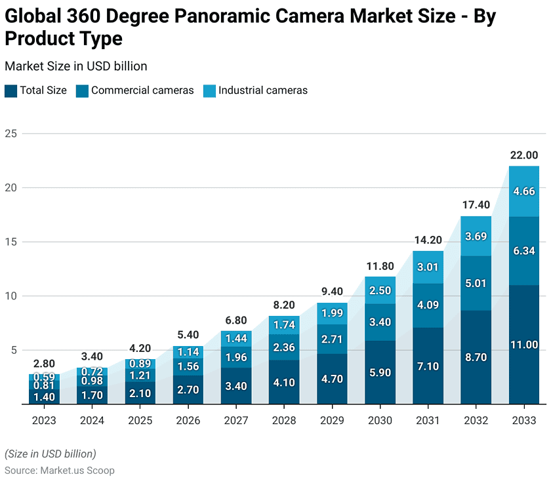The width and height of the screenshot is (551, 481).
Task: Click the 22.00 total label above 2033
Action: (x=524, y=155)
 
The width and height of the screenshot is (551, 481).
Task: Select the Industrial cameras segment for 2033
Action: (x=524, y=191)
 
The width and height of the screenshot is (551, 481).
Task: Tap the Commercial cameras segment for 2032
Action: (x=476, y=283)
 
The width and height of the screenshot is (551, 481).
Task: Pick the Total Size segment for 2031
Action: (x=428, y=366)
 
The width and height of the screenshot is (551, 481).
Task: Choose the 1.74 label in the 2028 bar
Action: (x=283, y=325)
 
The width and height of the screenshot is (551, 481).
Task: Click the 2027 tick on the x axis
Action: (x=235, y=420)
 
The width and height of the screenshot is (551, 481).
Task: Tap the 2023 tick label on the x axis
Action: (x=43, y=420)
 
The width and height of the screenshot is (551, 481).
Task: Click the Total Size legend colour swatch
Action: (x=10, y=90)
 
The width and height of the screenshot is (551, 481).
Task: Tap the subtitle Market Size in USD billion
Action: (x=75, y=66)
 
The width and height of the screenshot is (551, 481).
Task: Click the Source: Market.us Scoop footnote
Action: (x=60, y=471)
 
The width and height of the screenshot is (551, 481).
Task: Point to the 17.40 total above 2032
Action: (x=476, y=205)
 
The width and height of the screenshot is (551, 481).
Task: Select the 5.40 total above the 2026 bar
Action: (x=188, y=335)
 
